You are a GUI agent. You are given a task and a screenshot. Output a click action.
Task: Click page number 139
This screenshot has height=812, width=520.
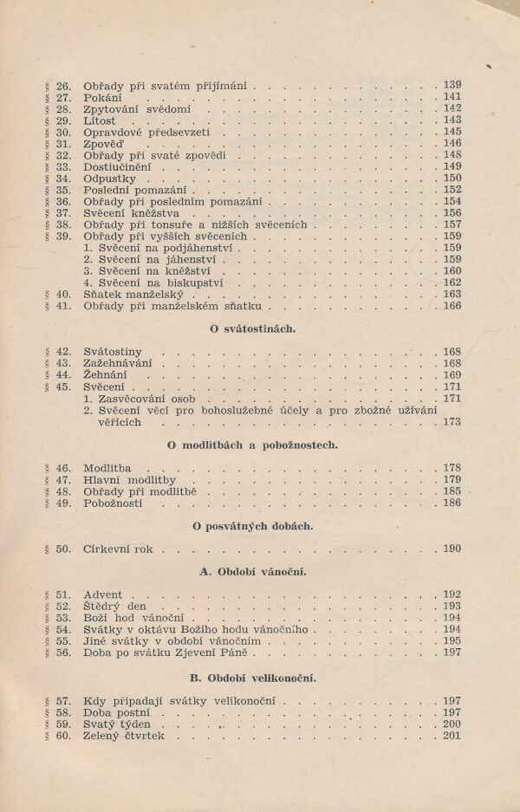click(452, 86)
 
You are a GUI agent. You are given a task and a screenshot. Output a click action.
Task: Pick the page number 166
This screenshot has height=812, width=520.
click(452, 306)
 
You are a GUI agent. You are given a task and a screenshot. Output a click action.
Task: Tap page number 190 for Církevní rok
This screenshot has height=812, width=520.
click(452, 549)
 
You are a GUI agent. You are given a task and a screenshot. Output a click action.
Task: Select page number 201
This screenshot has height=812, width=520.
click(452, 736)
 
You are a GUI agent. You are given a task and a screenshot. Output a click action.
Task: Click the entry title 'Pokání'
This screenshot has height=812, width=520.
click(102, 98)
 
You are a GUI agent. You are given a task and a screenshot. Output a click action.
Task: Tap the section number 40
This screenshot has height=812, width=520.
click(62, 294)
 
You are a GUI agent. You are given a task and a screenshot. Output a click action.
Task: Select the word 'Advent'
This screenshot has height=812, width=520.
click(104, 594)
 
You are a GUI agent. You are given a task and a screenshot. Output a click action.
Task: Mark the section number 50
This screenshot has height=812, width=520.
click(62, 549)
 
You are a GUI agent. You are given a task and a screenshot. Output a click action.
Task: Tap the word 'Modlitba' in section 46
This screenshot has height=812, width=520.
click(107, 468)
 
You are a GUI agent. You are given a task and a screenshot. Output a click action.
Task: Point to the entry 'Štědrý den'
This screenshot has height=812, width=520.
click(114, 607)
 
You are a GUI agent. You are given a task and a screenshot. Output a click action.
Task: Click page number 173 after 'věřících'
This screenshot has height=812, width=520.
click(452, 422)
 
